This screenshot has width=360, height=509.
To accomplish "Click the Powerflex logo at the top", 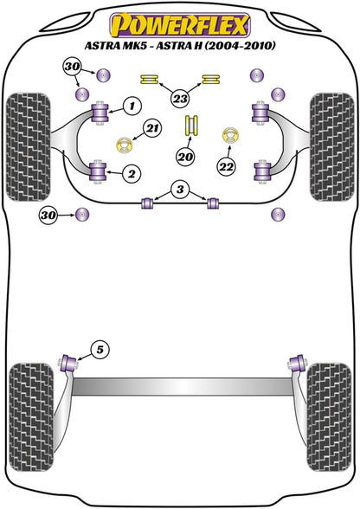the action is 180,25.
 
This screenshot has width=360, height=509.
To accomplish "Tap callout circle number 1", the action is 132,106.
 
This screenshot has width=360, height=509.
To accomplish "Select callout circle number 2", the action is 132,174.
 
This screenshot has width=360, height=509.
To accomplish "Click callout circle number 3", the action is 180,189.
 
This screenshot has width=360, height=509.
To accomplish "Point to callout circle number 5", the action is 100,350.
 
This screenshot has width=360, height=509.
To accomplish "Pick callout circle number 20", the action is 186,158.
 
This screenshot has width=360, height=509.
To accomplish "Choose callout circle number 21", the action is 153,128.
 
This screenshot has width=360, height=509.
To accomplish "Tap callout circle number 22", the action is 227,167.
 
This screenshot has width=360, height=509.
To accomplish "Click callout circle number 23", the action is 180,98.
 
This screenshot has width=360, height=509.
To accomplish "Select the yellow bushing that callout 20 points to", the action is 191,126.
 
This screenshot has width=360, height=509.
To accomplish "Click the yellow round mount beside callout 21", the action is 125,145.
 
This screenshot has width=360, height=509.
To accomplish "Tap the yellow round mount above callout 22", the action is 230,135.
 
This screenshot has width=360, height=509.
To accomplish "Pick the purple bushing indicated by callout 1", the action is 100,113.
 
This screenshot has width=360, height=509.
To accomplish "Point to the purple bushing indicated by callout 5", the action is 69,364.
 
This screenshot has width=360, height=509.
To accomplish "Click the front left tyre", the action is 29,147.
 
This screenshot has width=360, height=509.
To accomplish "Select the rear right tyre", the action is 329,417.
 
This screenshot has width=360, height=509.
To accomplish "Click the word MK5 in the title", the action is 132,45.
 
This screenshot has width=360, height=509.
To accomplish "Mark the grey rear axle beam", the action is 182,387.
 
